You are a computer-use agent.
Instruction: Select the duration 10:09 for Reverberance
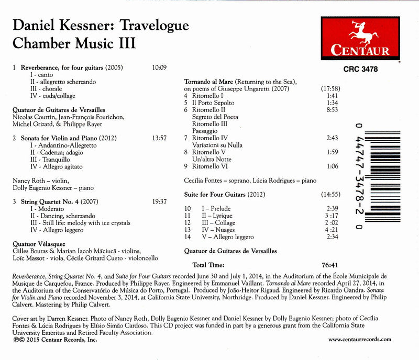click(x=158, y=68)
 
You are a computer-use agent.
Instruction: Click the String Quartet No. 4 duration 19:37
click(x=158, y=201)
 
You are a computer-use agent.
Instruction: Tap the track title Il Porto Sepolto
click(x=211, y=103)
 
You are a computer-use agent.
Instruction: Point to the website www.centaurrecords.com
click(x=359, y=339)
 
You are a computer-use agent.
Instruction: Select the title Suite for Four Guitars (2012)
click(x=224, y=195)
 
